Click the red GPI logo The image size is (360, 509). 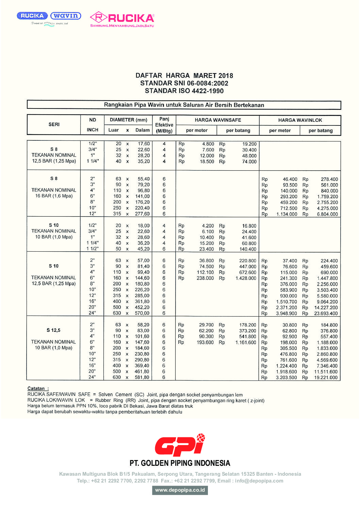(180, 445)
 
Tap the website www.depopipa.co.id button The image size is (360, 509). (180, 490)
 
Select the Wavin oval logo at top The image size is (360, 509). (66, 16)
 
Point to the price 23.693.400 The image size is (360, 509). (326, 313)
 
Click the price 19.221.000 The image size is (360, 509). (326, 377)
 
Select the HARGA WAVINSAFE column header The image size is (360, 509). (218, 120)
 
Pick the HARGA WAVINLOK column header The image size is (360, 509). (300, 120)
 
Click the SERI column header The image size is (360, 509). (54, 124)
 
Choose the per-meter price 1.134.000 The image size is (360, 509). (287, 214)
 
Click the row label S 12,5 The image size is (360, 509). (53, 330)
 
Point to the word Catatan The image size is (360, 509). (36, 388)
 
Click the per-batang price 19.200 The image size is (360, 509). (249, 144)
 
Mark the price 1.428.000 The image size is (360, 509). (246, 278)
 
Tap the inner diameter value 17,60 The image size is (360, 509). (144, 144)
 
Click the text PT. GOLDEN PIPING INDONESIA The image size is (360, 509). (180, 463)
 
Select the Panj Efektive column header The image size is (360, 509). (164, 125)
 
